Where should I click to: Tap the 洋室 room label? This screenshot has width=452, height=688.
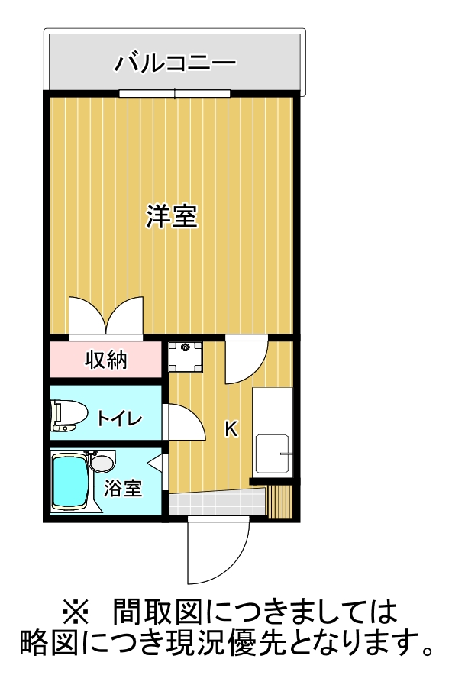coord(173,218)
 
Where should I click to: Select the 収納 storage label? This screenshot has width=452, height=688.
coord(105,360)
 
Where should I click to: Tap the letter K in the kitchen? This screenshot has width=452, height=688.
coord(231,430)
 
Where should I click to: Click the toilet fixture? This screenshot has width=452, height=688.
coord(66,415)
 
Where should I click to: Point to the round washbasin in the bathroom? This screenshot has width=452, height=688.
coord(101,463)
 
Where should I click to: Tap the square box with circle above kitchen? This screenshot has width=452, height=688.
coord(186,355)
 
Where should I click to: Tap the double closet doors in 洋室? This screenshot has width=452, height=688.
coord(105,316)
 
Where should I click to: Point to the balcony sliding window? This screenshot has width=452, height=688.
coord(175,94)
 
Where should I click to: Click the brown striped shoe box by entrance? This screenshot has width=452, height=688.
coord(281,500)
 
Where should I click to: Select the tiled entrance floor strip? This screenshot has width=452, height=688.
coord(218,503)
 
